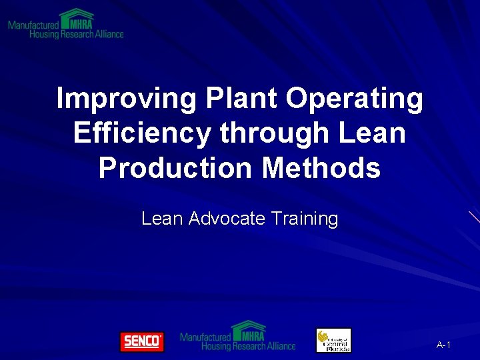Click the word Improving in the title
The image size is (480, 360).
tap(126, 99)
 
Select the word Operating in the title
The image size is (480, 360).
tap(355, 99)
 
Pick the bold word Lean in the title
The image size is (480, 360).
tap(372, 133)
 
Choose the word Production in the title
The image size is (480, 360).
tap(175, 168)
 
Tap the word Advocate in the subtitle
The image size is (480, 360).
tap(227, 219)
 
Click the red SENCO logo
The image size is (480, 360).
tap(141, 341)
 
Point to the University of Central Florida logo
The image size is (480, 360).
tap(333, 341)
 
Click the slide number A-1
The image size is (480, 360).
tap(443, 345)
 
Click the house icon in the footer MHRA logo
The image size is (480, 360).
tap(248, 330)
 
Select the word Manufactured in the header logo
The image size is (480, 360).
tap(33, 25)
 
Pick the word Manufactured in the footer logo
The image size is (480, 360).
tap(205, 337)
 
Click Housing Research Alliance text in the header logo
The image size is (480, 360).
tap(77, 34)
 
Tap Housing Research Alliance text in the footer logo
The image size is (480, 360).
tap(248, 346)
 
